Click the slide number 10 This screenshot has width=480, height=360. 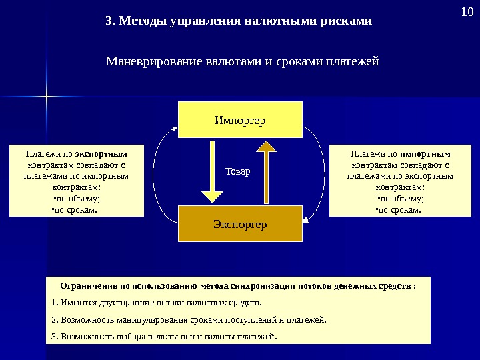pyautogui.click(x=465, y=12)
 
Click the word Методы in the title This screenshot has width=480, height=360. pyautogui.click(x=144, y=21)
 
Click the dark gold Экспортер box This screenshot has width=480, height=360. pyautogui.click(x=240, y=224)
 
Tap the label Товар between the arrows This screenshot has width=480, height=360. pyautogui.click(x=237, y=171)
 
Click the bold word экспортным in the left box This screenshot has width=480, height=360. pyautogui.click(x=101, y=153)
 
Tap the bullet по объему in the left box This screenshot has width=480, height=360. pyautogui.click(x=76, y=199)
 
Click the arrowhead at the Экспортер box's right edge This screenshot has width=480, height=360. pyautogui.click(x=305, y=219)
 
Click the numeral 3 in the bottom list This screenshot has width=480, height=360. pyautogui.click(x=53, y=335)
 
